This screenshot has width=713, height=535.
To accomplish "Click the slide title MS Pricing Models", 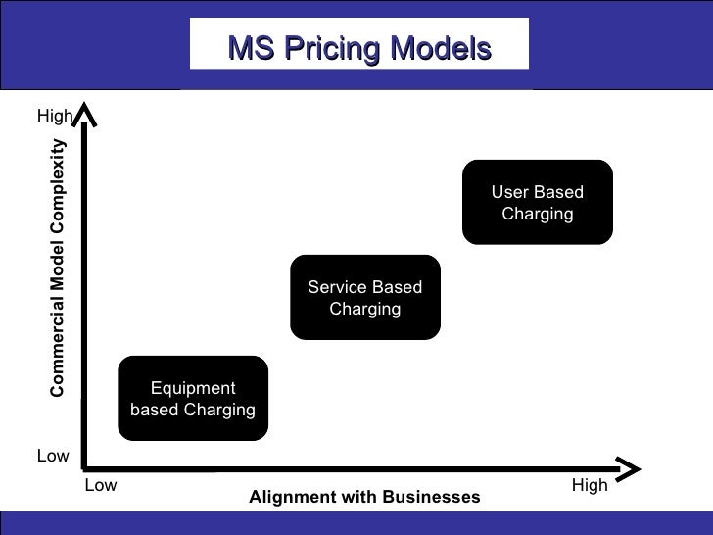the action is click(357, 47).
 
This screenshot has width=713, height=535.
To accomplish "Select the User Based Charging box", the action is click(537, 202).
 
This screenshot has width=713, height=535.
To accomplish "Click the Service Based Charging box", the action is click(364, 298).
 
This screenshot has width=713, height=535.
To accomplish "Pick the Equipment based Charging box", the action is click(193, 398).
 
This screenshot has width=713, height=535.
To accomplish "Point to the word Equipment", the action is click(193, 388).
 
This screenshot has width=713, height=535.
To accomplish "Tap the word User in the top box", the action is click(509, 192).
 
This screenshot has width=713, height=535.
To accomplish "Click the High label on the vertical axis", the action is click(54, 117).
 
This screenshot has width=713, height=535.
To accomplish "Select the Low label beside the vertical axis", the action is click(53, 455).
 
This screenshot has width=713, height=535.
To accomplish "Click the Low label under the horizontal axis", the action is click(101, 485).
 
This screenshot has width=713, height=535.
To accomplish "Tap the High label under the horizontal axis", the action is click(590, 485).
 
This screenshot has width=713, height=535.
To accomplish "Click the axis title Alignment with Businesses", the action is click(364, 497).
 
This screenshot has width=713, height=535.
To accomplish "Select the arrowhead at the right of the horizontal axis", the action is click(625, 465).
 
